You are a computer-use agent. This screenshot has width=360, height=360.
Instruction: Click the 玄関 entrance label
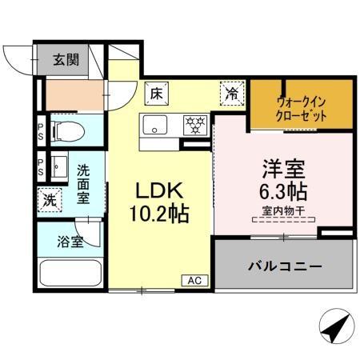pyautogui.click(x=66, y=59)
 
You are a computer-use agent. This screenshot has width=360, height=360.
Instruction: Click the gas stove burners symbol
pyautogui.click(x=194, y=126)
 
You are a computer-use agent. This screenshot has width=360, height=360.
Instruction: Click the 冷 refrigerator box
pyautogui.click(x=230, y=93)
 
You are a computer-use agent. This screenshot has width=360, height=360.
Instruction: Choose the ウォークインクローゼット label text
pyautogui.click(x=302, y=107)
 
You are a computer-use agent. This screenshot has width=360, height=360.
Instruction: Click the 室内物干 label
pyautogui.click(x=283, y=211)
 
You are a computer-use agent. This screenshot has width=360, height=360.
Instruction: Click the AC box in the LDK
pyautogui.click(x=194, y=280)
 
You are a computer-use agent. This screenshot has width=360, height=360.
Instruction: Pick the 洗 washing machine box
pyautogui.click(x=49, y=200)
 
